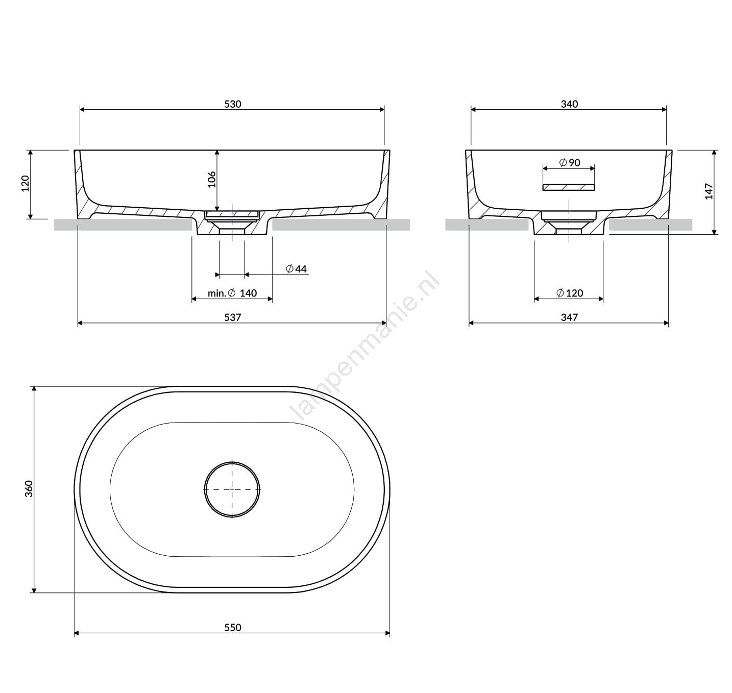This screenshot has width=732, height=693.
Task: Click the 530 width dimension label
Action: tap(232, 104)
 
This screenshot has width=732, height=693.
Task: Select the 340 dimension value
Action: tap(569, 104)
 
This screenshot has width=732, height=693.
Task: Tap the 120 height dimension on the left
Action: tap(26, 184)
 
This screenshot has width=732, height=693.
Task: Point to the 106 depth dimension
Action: tap(211, 179)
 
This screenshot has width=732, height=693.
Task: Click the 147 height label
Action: tap(709, 191)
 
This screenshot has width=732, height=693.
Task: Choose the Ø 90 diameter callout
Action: tap(570, 162)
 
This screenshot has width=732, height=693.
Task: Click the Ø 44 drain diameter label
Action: tap(296, 269)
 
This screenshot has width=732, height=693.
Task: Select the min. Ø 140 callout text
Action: tap(232, 293)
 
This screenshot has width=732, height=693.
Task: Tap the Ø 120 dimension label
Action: tap(570, 293)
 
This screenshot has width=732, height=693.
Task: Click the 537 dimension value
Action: tap(232, 317)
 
